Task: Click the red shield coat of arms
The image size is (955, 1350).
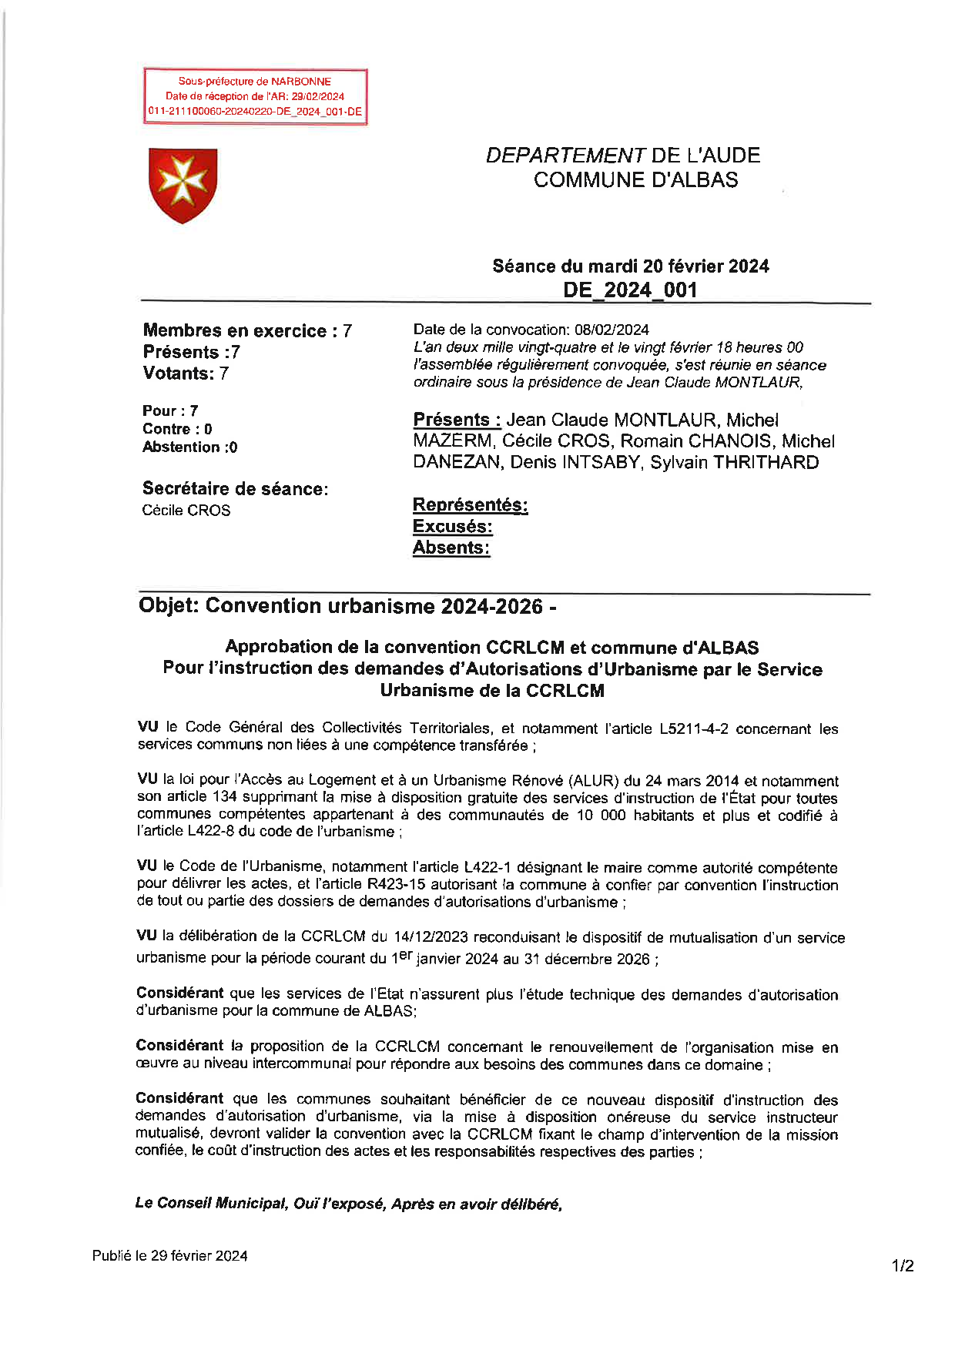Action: click(183, 185)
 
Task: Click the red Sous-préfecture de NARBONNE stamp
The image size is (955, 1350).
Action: click(255, 96)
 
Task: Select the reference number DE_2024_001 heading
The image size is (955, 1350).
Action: click(630, 290)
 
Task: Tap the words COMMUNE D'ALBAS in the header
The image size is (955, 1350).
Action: click(635, 180)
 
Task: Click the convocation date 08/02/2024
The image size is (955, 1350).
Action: click(612, 330)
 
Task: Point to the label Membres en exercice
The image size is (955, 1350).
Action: click(235, 331)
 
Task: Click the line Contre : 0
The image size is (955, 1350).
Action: click(177, 430)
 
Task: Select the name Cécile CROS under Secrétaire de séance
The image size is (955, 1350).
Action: click(186, 511)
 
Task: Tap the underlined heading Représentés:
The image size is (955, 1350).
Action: click(470, 505)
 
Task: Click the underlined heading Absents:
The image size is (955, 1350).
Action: click(451, 548)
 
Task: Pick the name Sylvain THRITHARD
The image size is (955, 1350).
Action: click(734, 463)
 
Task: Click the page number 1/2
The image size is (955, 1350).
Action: click(903, 1265)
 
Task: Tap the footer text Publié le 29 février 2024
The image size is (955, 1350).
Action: click(170, 1255)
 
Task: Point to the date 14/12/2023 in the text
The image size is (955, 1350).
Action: click(431, 937)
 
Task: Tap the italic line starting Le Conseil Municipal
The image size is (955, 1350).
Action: click(348, 1204)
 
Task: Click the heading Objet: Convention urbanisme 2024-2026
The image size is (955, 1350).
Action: click(347, 607)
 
